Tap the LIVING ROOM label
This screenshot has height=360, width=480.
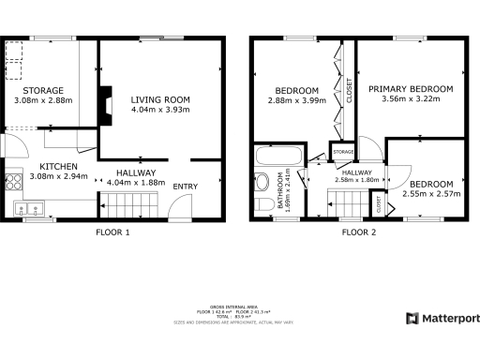tap(160, 99)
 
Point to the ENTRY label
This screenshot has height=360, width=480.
tap(184, 187)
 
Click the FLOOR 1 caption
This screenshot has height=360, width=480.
tap(113, 232)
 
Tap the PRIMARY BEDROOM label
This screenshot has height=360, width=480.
tap(411, 89)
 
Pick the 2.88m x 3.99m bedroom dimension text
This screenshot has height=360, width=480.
tap(295, 99)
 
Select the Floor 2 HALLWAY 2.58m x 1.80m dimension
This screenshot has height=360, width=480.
tap(357, 180)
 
